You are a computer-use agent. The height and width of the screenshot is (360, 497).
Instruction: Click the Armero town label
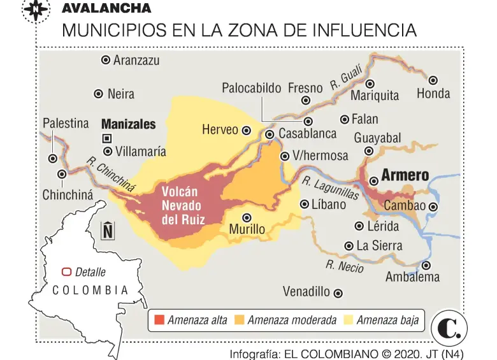pos(405,176)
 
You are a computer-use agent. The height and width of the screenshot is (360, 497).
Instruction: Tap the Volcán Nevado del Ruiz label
pos(181,206)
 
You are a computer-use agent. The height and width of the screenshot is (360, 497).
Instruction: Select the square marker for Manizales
pos(107,138)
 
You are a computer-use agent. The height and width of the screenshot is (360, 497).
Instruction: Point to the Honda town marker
pos(433,80)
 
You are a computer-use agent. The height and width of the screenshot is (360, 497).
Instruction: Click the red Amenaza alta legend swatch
pos(159,320)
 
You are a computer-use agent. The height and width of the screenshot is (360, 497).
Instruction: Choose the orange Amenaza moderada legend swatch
pos(239,320)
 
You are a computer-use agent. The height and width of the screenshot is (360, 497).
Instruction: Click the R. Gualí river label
pos(347,80)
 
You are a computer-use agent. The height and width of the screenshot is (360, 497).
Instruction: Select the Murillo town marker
pos(247,217)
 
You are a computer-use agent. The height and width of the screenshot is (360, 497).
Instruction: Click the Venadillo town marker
pos(338,293)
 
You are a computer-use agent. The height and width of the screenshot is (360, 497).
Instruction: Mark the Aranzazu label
pos(136,60)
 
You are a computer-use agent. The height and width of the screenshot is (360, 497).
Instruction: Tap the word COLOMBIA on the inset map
pos(90,290)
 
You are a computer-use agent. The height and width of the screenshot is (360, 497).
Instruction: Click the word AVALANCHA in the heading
pos(106,8)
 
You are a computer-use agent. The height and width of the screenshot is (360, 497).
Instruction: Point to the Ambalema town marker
pos(426,265)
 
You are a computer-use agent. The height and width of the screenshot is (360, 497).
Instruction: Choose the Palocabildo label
pos(251,88)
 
